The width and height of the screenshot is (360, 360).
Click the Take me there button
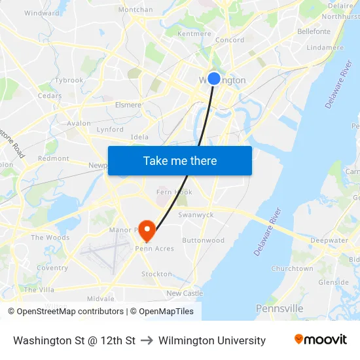coord(180,161)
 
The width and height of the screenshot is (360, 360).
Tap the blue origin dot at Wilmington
coord(213,79)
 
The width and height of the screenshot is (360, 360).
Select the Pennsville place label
coord(279,308)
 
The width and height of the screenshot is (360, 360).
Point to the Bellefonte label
coord(314,31)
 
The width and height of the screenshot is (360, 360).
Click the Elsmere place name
coord(128,105)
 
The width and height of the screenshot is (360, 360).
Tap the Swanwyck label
coord(196,215)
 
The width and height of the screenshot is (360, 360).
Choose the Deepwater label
coord(329,240)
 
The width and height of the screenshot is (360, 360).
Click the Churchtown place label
coord(292,268)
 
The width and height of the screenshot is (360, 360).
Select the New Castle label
coord(185,293)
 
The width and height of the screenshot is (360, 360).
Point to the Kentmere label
coord(194,33)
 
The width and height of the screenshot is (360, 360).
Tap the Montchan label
coord(135,10)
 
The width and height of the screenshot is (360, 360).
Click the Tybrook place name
coord(69,81)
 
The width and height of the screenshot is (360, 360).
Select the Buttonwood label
coord(204,240)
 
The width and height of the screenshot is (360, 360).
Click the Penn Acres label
coord(154,249)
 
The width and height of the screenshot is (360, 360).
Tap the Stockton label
coord(156,274)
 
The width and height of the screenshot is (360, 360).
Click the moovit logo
coord(320,340)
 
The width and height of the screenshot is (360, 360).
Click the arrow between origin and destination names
coord(147,340)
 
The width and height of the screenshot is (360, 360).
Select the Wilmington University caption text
coord(212,340)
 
